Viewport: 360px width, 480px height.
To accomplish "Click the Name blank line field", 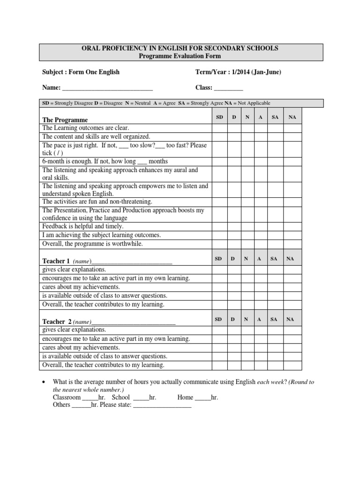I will coord(107,88).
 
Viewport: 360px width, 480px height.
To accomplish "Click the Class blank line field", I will coord(229,88).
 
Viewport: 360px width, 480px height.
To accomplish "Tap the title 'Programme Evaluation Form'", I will coord(180,56).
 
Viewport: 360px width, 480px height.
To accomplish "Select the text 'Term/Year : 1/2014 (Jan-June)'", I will coord(239,72).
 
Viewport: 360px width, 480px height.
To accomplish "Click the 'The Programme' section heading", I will coord(65,120).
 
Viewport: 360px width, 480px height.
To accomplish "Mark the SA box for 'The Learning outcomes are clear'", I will coord(274,128).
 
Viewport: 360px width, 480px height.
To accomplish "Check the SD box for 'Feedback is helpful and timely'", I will coord(219,226).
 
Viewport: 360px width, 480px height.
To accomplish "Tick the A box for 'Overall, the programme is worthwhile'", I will coord(260,244).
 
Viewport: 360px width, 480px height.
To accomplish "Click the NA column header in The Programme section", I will coord(292,117).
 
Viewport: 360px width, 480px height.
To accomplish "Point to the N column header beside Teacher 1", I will coord(246,258).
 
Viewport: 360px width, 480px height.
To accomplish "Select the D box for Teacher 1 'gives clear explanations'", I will coord(233,270).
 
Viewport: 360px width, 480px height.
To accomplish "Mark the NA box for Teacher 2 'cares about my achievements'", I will coord(292,347).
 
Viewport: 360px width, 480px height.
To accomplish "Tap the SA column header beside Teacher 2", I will coord(274,319).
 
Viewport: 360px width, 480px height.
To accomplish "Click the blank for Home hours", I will coord(202,397).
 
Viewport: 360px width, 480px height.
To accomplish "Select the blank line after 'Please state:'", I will coord(162,405).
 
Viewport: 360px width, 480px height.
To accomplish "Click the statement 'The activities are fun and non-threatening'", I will coord(97,202).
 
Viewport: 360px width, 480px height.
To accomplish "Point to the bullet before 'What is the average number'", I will coord(44,382).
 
